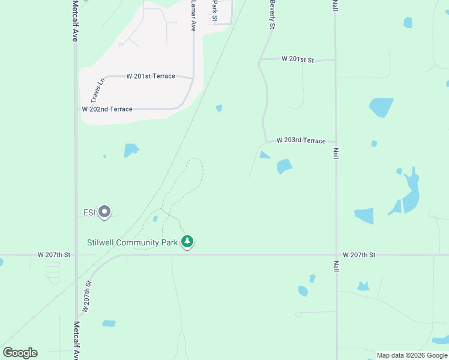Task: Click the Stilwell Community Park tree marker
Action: pos(188,242)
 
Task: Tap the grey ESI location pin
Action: pos(104,211)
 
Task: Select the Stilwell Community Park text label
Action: pos(132,242)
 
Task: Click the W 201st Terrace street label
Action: pos(151,76)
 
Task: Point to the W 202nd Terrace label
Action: pos(107,109)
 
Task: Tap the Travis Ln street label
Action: pos(97,89)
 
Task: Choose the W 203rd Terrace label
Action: pos(301,140)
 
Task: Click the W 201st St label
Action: pos(297,59)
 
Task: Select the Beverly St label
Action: pos(273,15)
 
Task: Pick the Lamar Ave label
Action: pos(193,16)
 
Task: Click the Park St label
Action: pos(214,8)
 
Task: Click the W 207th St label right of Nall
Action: pos(359,255)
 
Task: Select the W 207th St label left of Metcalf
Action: pos(54,255)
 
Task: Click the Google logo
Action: pos(20,353)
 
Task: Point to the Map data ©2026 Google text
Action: pos(412,355)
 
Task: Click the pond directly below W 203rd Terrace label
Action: pos(284,166)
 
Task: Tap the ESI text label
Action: pos(89,212)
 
